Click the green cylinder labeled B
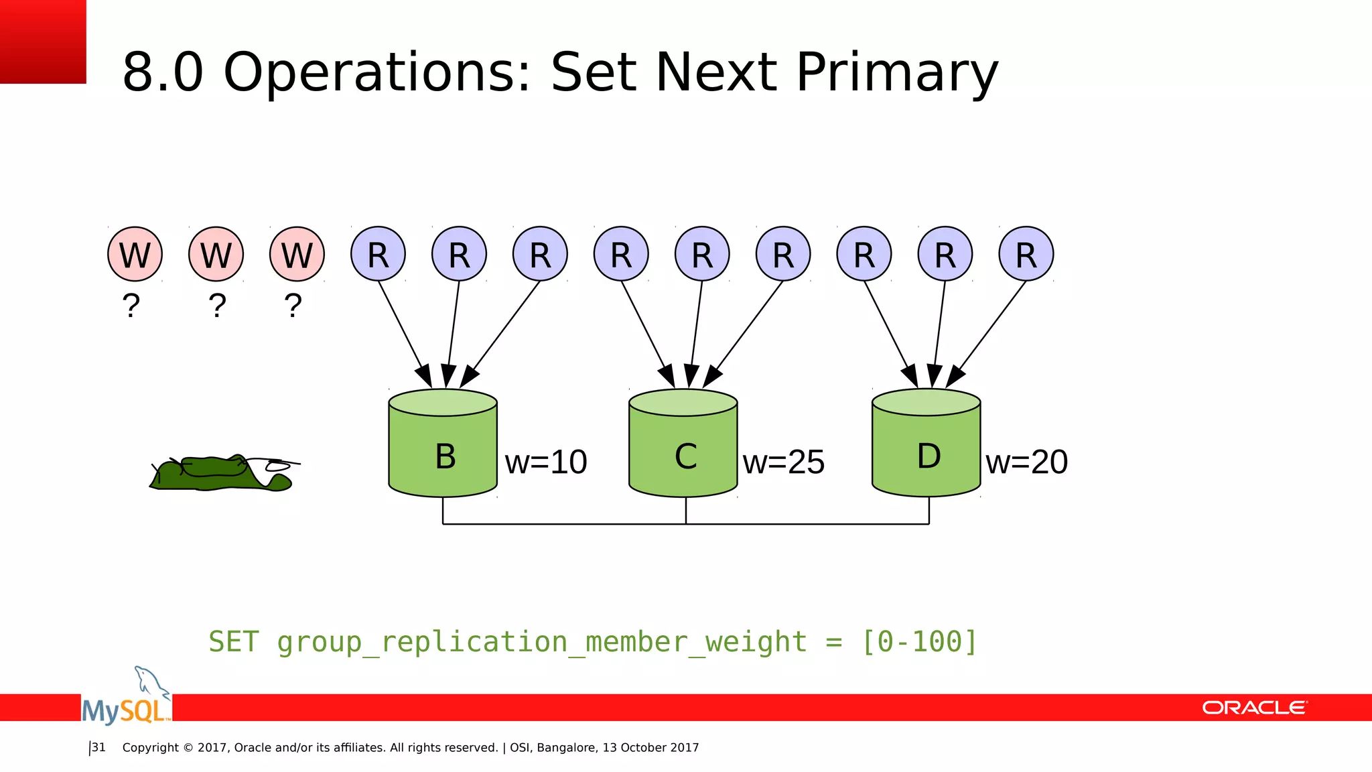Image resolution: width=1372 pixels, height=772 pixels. [x=443, y=449]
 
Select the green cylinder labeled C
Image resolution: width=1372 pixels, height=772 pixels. [x=683, y=449]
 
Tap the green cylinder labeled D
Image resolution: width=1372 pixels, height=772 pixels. [x=927, y=449]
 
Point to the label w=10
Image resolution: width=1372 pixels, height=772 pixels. [x=546, y=462]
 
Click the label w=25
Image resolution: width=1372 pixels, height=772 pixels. [x=784, y=462]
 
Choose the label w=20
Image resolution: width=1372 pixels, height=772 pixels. [x=1026, y=462]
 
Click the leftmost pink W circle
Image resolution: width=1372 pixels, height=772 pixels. [x=135, y=255]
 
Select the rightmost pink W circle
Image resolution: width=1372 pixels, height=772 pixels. [x=297, y=255]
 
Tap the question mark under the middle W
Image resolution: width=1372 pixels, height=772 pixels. [x=217, y=306]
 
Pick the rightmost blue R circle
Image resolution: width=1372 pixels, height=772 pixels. [x=1026, y=255]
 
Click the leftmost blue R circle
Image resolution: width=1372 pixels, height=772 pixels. [x=378, y=255]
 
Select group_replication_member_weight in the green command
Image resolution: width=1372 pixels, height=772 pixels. [x=542, y=642]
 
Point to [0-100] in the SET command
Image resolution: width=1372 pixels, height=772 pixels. [x=919, y=642]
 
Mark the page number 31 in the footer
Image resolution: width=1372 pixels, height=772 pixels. [x=98, y=747]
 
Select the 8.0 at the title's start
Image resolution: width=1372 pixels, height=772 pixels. [x=163, y=72]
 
